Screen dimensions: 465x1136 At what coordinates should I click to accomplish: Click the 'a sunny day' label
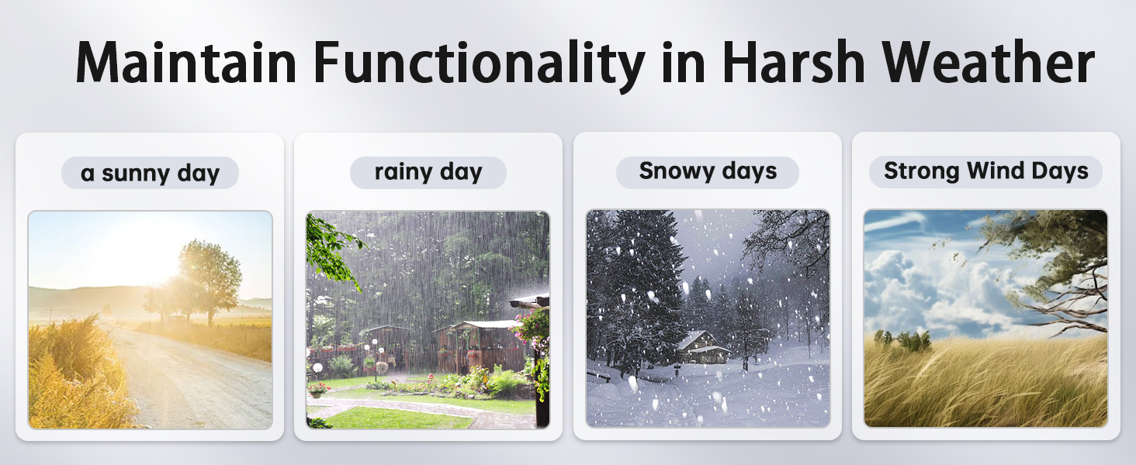pyautogui.click(x=150, y=173)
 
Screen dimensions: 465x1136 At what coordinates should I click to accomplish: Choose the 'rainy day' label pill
pyautogui.click(x=428, y=172)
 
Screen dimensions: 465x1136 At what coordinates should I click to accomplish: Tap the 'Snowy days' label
pyautogui.click(x=707, y=171)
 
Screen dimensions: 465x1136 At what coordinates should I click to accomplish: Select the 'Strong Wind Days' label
pyautogui.click(x=985, y=171)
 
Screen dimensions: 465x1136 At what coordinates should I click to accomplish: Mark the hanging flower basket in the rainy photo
pyautogui.click(x=532, y=325)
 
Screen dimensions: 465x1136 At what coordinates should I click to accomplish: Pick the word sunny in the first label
pyautogui.click(x=133, y=174)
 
